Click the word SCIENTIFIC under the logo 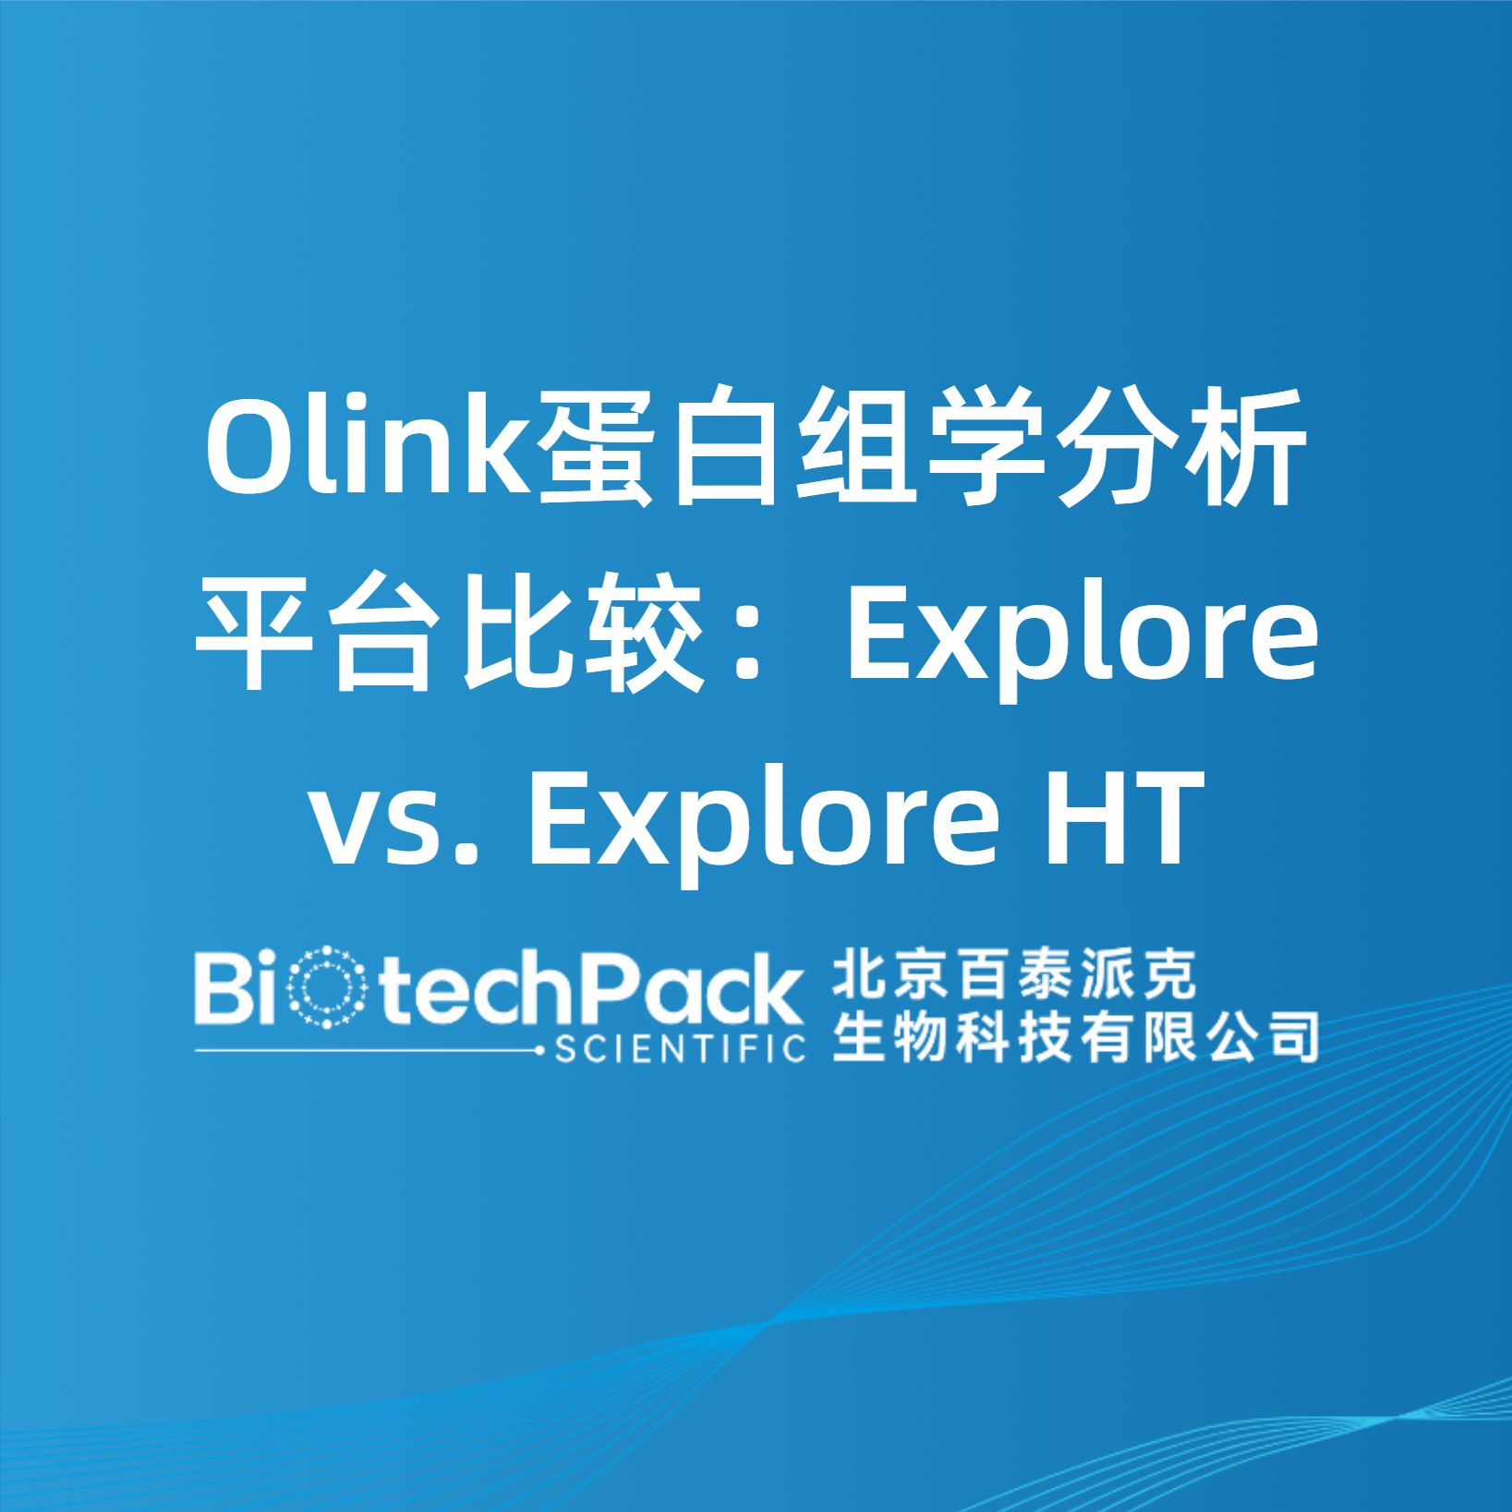680,1050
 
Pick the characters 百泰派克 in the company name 1076,976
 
